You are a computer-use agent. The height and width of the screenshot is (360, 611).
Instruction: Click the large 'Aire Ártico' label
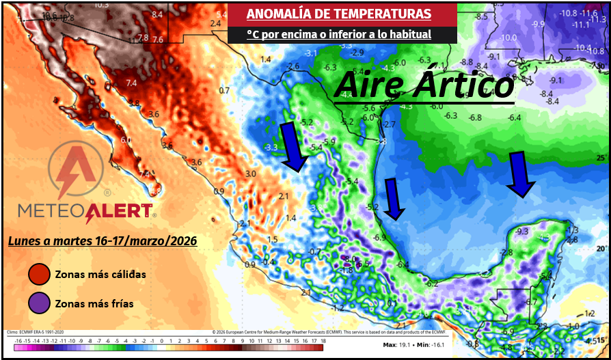coord(424,85)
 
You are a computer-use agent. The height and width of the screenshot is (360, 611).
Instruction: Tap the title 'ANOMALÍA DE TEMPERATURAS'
coord(338,14)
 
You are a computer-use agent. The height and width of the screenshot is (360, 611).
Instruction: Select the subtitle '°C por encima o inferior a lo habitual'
coord(338,34)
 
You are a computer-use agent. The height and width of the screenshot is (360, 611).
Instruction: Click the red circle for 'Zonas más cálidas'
coord(39,275)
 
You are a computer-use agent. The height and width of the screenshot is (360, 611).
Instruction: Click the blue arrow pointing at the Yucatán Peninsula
coord(521,174)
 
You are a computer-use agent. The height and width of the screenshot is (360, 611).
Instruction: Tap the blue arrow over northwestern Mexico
coord(295,146)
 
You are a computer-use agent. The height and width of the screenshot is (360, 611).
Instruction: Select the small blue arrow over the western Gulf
coord(394,199)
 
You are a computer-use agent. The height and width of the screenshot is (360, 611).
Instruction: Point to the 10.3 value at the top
coord(100,4)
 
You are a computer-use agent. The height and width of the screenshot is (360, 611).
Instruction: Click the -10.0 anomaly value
coord(508,38)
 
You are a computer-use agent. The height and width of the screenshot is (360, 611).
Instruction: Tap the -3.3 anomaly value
coord(271,148)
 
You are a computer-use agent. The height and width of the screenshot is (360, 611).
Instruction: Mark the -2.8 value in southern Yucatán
coord(506,253)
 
